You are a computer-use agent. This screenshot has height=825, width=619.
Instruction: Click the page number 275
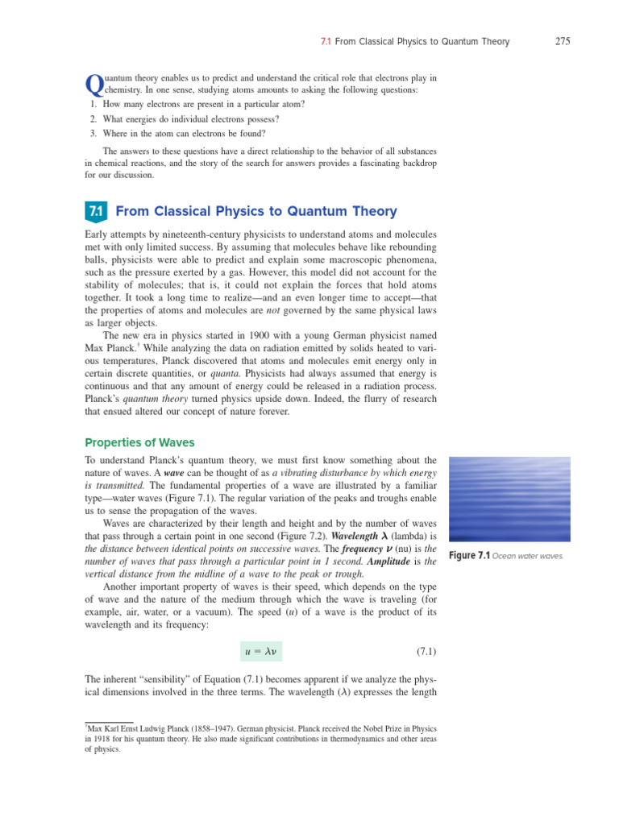563,42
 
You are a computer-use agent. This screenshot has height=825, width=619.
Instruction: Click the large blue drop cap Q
92,85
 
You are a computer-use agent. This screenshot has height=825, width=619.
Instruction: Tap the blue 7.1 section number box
95,212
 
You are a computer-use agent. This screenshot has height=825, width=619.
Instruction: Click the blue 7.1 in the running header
320,42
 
